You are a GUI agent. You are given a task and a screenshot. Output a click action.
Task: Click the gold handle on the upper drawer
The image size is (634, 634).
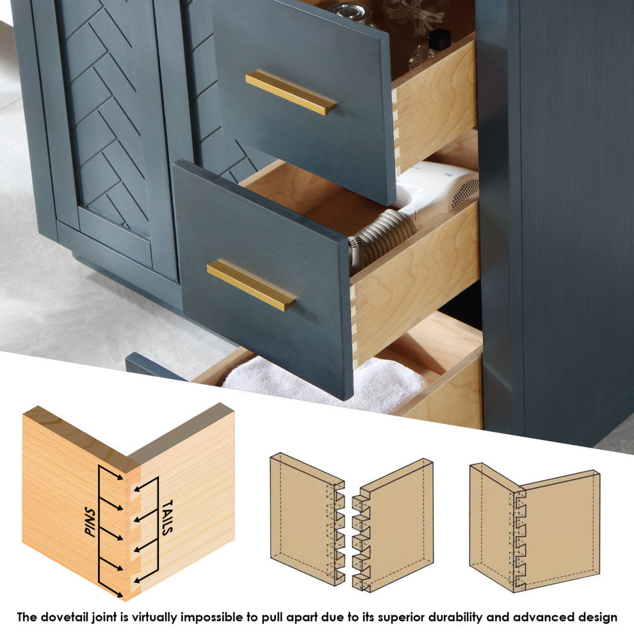click(291, 93)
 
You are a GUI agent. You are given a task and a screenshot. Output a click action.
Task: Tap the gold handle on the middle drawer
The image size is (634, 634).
click(251, 285)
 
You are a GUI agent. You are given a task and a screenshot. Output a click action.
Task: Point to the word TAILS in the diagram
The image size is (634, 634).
click(168, 517)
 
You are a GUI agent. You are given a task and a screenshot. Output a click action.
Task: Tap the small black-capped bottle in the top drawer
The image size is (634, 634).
click(439, 40)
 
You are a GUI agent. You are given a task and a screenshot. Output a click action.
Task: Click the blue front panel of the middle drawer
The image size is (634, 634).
click(263, 279)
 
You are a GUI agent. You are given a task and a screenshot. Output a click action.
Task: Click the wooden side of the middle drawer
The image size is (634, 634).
click(415, 283)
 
